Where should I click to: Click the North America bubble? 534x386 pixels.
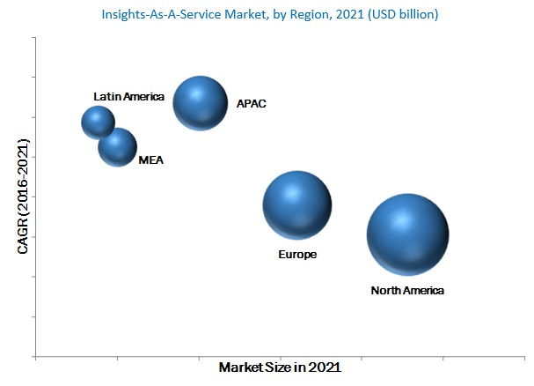[407, 234]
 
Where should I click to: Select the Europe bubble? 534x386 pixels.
[297, 205]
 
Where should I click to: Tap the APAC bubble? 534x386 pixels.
[201, 102]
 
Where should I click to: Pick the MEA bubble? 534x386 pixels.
[117, 147]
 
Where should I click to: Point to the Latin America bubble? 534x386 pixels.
[98, 122]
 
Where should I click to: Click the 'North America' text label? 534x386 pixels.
[407, 290]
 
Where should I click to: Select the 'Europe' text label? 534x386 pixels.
[296, 254]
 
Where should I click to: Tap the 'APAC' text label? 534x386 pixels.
[251, 104]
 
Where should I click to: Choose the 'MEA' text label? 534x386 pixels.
[151, 160]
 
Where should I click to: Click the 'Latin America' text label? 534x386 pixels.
[129, 96]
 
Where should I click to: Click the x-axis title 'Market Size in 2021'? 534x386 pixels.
[280, 367]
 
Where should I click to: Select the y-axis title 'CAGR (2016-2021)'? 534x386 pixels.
[23, 197]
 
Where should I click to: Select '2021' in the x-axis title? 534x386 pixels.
[324, 367]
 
